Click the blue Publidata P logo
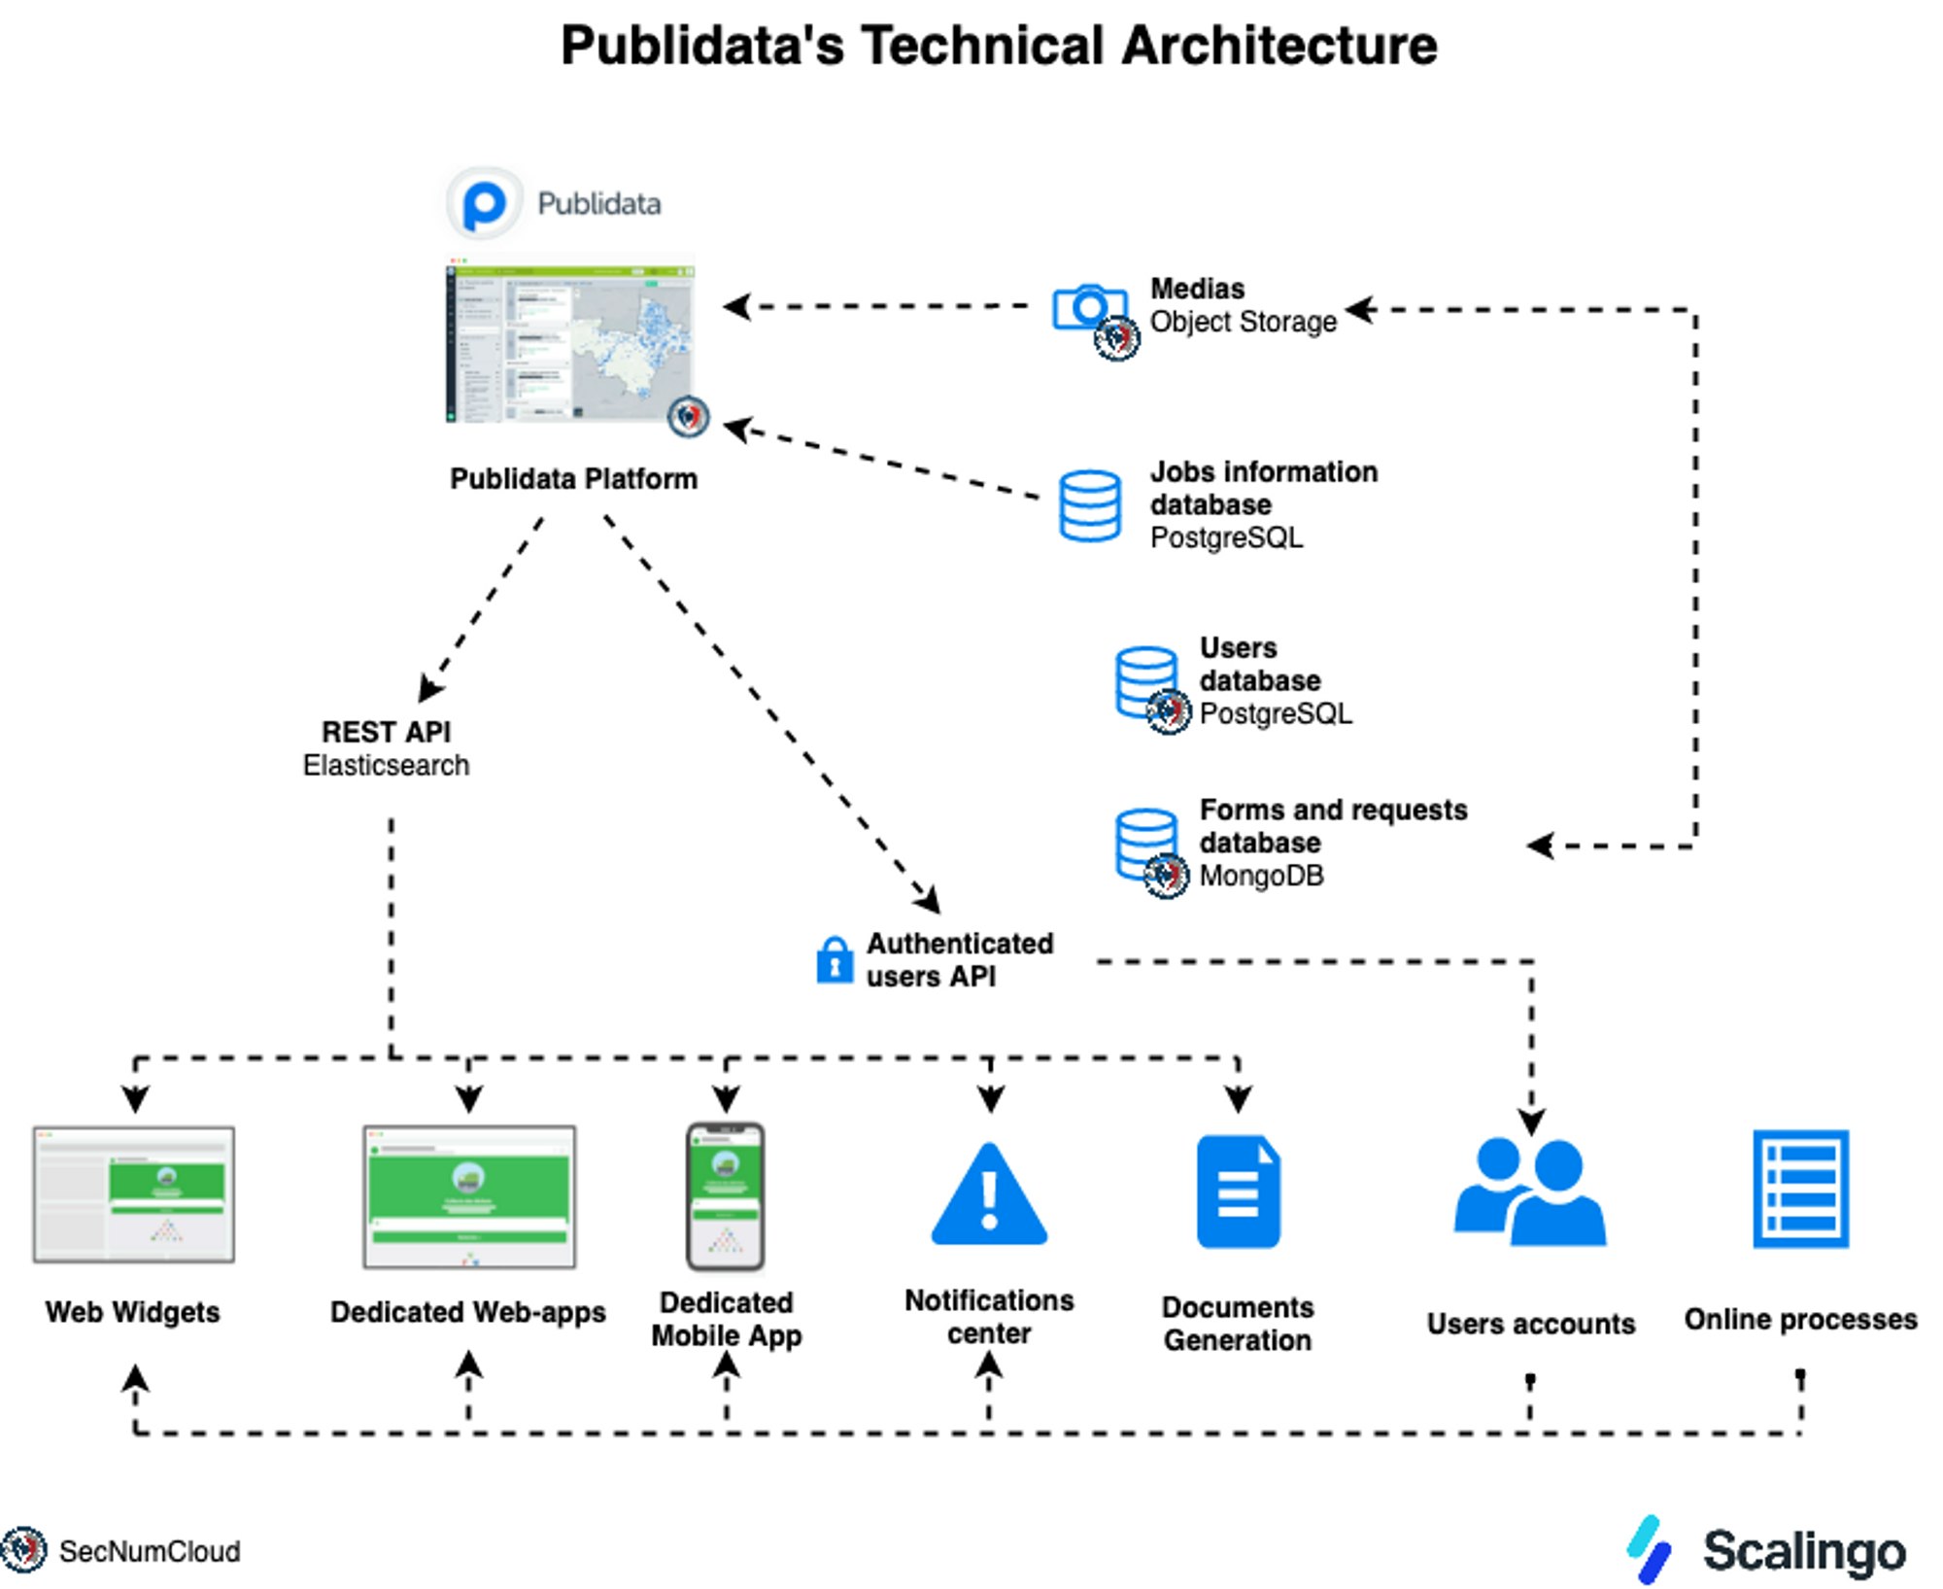(x=484, y=204)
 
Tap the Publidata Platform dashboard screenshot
(x=571, y=340)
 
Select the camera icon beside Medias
(x=1089, y=308)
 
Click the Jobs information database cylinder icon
(x=1089, y=505)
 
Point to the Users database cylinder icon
(x=1146, y=680)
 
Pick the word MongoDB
(x=1261, y=876)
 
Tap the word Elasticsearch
(x=386, y=766)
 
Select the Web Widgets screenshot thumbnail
(x=134, y=1194)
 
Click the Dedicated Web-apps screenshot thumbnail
(x=469, y=1197)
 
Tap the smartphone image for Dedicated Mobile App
(x=726, y=1196)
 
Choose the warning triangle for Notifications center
(x=989, y=1196)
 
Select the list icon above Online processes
(x=1800, y=1189)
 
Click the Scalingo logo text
(x=1804, y=1551)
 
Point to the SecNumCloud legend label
(x=149, y=1551)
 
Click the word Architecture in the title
(x=1278, y=46)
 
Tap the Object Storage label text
(x=1244, y=322)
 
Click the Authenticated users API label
(x=960, y=960)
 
